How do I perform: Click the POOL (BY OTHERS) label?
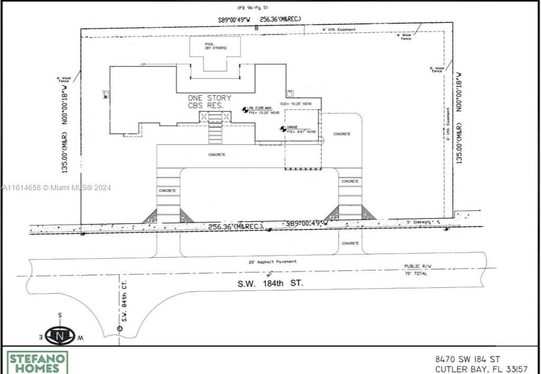tap(216, 46)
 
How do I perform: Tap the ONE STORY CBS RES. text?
tap(210, 101)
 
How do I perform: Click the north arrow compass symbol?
tap(60, 336)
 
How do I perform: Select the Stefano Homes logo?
tap(37, 363)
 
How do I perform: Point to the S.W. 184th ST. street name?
tap(270, 284)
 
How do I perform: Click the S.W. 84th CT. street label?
tap(125, 302)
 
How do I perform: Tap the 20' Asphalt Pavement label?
tap(272, 262)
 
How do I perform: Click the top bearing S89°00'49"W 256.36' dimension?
tap(260, 19)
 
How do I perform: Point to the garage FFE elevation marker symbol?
tap(283, 129)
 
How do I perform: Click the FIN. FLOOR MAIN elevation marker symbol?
tap(245, 110)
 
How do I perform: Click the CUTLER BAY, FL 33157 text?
tap(481, 369)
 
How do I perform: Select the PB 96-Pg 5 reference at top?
tap(252, 8)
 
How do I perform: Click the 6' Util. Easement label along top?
tap(339, 30)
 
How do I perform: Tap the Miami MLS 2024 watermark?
tap(56, 188)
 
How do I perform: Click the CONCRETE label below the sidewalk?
tap(350, 243)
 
